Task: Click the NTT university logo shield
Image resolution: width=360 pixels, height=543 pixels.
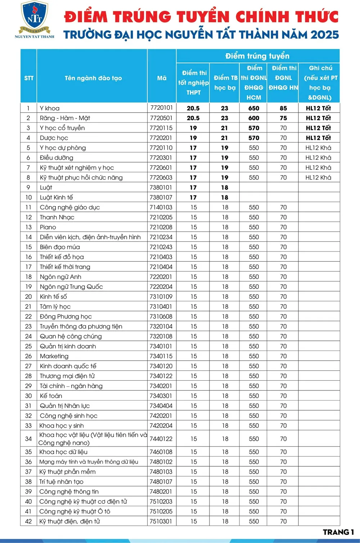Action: pos(35,16)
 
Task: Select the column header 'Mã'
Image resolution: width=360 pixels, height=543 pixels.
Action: pos(162,78)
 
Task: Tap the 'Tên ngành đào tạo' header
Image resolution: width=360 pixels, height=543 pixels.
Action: pos(93,78)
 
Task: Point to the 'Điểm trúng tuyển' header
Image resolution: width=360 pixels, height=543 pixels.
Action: pos(257,56)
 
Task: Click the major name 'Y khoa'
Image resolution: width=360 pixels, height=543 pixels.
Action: pos(50,108)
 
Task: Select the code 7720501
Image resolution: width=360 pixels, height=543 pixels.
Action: pos(161,118)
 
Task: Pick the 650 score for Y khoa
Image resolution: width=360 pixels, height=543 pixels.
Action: pos(254,108)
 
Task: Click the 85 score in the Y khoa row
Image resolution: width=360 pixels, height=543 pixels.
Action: pos(283,108)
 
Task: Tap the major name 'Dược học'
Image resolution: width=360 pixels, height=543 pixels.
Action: pos(54,138)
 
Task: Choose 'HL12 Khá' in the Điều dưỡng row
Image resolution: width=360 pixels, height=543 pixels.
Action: pos(318,158)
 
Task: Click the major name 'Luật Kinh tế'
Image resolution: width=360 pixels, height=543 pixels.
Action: pos(56,198)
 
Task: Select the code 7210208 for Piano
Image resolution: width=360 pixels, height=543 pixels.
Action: pos(161,227)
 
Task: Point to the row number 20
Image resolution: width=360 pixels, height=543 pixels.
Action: pos(28,297)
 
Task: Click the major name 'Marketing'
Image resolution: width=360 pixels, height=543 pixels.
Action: pos(54,356)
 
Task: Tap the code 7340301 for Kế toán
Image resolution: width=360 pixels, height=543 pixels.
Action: pos(161,396)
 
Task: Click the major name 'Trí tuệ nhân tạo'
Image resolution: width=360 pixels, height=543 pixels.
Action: pos(61,482)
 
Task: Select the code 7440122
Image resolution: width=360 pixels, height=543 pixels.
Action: pos(161,439)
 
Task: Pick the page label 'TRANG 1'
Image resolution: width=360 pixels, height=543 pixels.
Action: pos(338,532)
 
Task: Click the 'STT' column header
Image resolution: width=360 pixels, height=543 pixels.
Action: pos(29,78)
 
